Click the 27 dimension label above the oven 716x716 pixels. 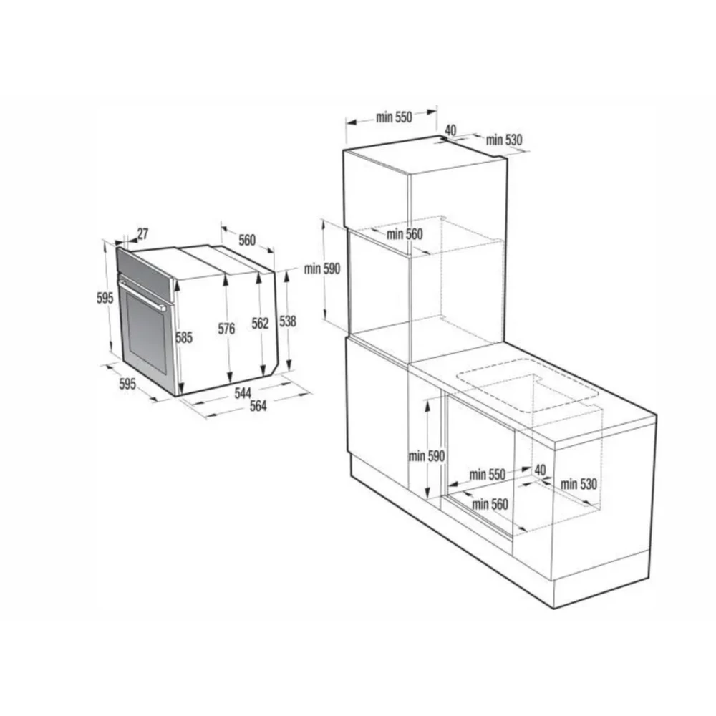pyautogui.click(x=142, y=234)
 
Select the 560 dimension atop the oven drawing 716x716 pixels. pyautogui.click(x=247, y=240)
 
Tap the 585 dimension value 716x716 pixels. pyautogui.click(x=184, y=337)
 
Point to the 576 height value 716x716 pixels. pyautogui.click(x=226, y=329)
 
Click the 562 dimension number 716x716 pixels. pyautogui.click(x=261, y=324)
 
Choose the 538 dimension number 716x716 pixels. pyautogui.click(x=288, y=321)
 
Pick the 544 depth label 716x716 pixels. pyautogui.click(x=243, y=392)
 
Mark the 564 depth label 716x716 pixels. pyautogui.click(x=258, y=405)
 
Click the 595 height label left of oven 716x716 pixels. pyautogui.click(x=105, y=298)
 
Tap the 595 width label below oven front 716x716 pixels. pyautogui.click(x=127, y=384)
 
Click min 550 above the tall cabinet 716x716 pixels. pyautogui.click(x=394, y=117)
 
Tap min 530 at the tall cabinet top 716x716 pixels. pyautogui.click(x=504, y=140)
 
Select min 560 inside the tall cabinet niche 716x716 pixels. pyautogui.click(x=405, y=234)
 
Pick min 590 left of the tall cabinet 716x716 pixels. pyautogui.click(x=322, y=268)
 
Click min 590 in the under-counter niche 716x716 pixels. pyautogui.click(x=427, y=455)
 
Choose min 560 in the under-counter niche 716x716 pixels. pyautogui.click(x=490, y=504)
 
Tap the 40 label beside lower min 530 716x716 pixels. pyautogui.click(x=540, y=470)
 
